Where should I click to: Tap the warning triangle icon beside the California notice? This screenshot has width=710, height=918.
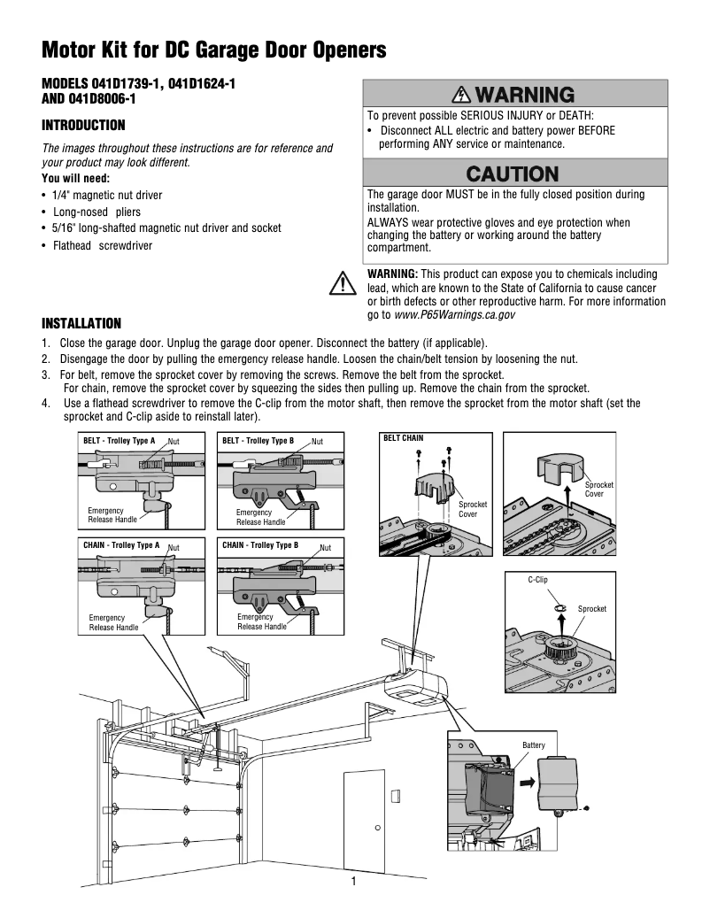click(341, 283)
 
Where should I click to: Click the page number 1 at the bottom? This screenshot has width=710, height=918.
click(353, 882)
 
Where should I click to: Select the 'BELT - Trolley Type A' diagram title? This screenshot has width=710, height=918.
click(119, 440)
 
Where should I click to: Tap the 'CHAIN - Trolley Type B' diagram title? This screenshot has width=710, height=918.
click(260, 545)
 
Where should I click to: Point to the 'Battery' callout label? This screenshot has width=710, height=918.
click(534, 745)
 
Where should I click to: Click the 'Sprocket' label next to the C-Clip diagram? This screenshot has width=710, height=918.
click(592, 609)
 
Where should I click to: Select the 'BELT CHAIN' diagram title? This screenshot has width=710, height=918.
click(403, 438)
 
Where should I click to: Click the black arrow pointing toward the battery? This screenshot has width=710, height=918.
click(527, 783)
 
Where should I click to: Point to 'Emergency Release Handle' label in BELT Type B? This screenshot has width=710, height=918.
click(254, 517)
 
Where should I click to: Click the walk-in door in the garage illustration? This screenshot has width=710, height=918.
click(364, 814)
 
